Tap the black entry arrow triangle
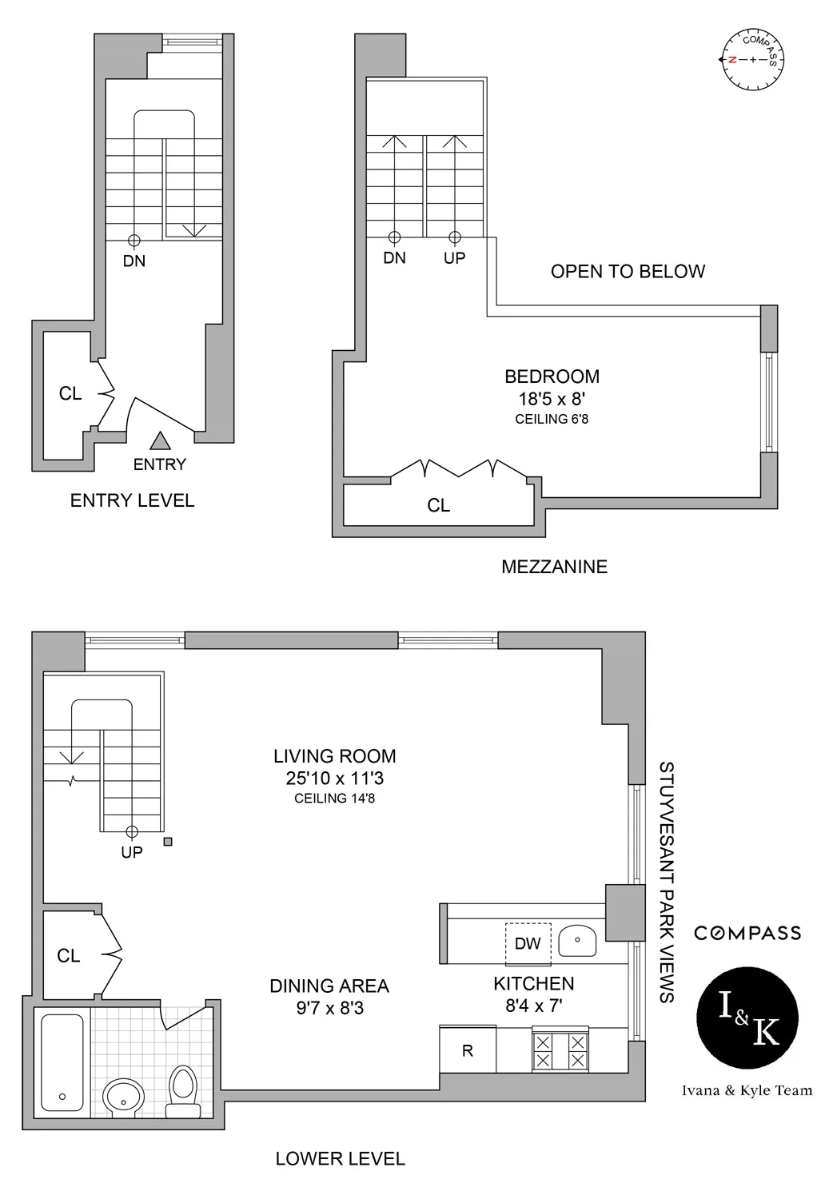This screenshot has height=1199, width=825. click(x=161, y=440)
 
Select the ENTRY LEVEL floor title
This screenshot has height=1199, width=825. click(x=132, y=500)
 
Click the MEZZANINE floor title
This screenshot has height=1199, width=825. click(x=554, y=567)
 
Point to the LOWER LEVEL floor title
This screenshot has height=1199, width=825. click(x=340, y=1158)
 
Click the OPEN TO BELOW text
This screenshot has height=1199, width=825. click(x=628, y=272)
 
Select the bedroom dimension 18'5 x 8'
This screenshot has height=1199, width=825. click(x=552, y=398)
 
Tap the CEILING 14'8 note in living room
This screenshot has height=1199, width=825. click(x=334, y=798)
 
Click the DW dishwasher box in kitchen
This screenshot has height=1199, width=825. click(x=528, y=943)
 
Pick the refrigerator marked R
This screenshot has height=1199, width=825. click(x=468, y=1050)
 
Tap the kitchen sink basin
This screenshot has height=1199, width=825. click(x=578, y=942)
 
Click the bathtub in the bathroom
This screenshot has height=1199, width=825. click(x=62, y=1062)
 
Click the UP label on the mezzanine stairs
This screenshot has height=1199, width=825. click(x=454, y=258)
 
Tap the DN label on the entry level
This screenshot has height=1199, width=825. click(x=134, y=261)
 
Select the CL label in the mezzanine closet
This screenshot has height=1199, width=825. click(x=438, y=505)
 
